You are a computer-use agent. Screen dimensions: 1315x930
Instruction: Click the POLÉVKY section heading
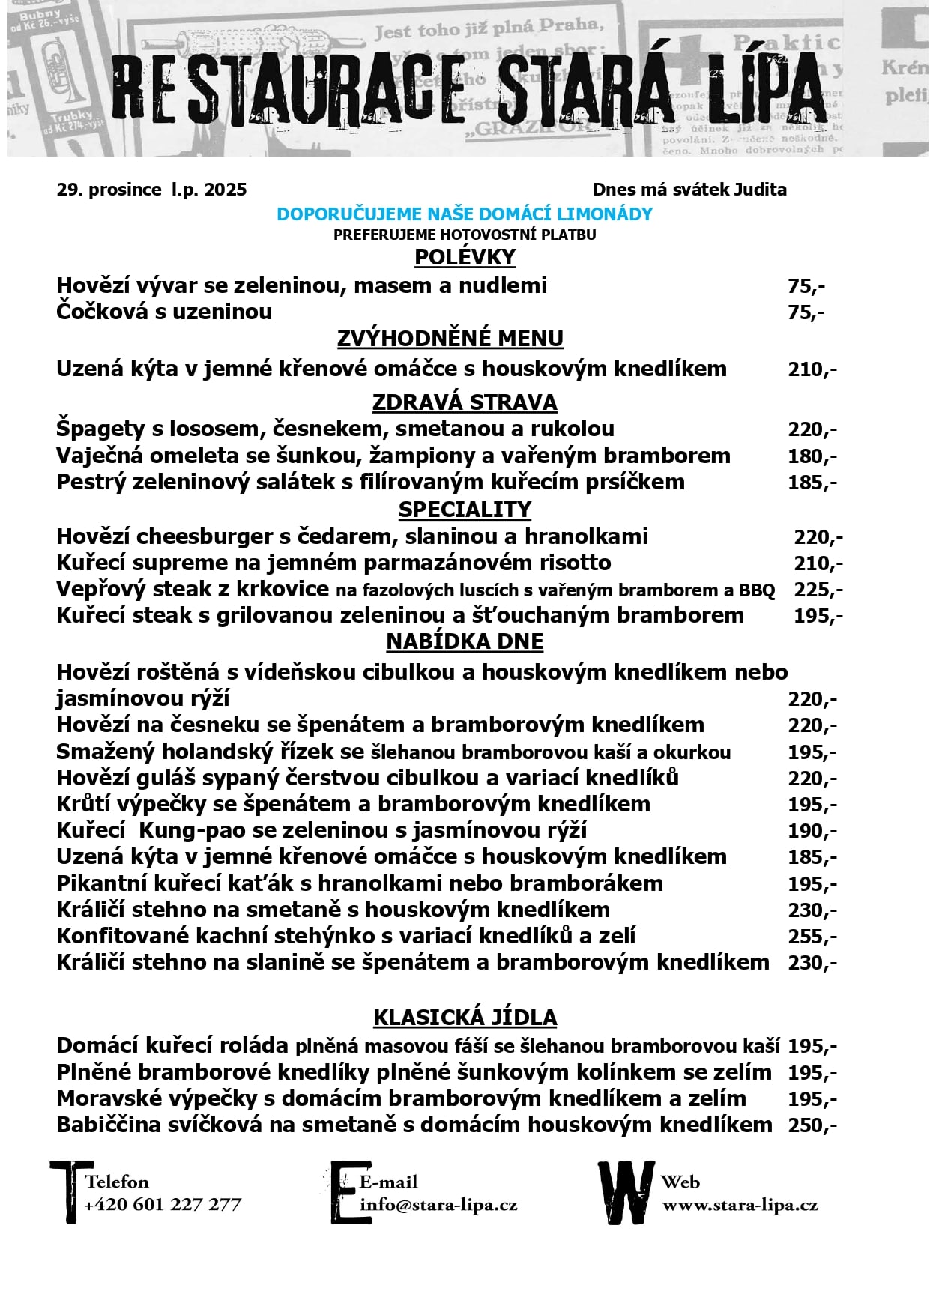465,257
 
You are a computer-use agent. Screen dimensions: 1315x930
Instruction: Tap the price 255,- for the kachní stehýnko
812,937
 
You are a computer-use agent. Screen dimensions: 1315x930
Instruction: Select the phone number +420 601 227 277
163,1205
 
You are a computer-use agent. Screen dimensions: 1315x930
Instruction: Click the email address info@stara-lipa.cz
438,1205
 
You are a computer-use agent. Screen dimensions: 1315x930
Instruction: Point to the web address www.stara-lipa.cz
740,1205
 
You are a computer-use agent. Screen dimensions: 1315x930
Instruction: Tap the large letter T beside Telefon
70,1191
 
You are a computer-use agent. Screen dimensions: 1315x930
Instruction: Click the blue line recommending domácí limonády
465,214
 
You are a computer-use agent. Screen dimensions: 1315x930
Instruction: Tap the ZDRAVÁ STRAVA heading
465,402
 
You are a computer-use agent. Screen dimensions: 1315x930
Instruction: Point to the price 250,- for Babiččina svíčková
812,1125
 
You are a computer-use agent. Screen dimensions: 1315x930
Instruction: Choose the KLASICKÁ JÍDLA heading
465,1018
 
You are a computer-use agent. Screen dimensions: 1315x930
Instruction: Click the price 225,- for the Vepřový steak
818,590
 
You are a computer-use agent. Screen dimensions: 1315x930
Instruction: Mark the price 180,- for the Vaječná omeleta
812,456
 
